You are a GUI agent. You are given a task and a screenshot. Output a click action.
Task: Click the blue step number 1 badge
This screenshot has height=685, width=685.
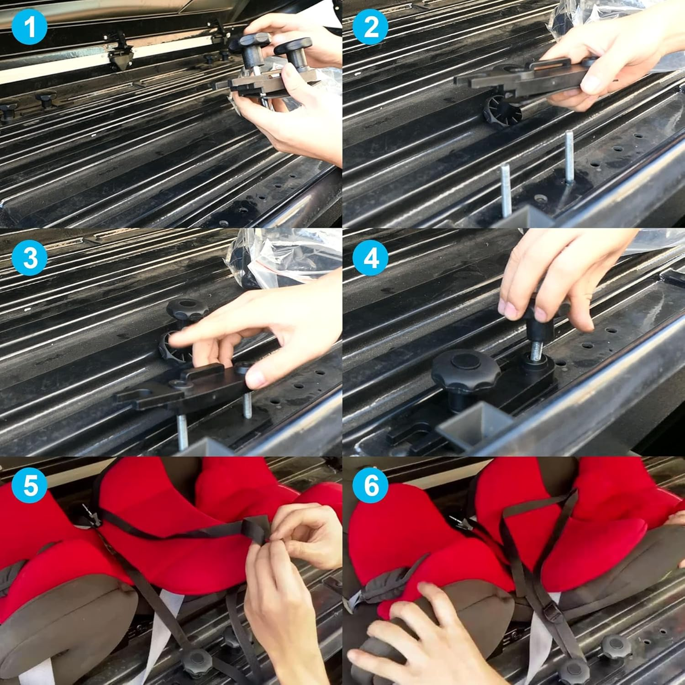point(30,27)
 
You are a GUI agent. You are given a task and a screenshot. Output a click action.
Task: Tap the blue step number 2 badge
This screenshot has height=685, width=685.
point(371,27)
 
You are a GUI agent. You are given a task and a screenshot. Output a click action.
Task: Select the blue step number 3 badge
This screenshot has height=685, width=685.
point(30,258)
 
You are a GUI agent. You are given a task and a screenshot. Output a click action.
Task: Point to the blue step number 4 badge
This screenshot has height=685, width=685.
point(371,258)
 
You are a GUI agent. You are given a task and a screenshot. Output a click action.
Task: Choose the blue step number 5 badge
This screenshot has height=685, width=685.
point(30,485)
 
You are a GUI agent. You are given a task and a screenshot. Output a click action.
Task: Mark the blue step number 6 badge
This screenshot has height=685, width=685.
point(371,485)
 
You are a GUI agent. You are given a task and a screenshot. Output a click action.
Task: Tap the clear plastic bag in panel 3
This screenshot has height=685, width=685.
point(249,256)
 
